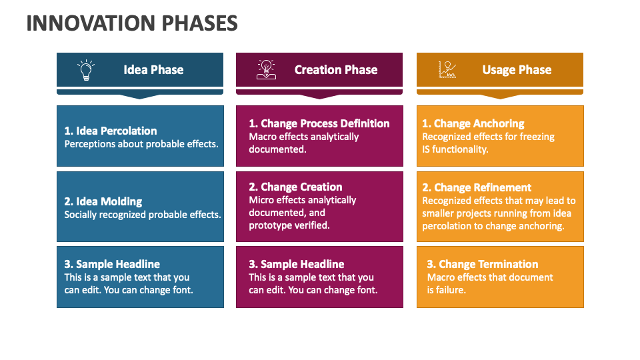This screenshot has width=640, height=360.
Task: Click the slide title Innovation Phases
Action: pyautogui.click(x=132, y=23)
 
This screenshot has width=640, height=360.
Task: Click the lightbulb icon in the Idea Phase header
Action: pyautogui.click(x=86, y=70)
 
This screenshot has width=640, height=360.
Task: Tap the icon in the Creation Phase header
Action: pyautogui.click(x=266, y=70)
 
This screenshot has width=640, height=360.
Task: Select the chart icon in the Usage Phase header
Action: pyautogui.click(x=447, y=70)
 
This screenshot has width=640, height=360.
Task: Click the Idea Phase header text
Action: pyautogui.click(x=153, y=70)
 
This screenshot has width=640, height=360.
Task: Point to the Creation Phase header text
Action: pyautogui.click(x=336, y=70)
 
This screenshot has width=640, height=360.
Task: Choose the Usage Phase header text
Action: pyautogui.click(x=517, y=70)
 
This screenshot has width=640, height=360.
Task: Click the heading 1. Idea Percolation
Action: pyautogui.click(x=111, y=131)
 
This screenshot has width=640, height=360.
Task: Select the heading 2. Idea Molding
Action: pyautogui.click(x=103, y=201)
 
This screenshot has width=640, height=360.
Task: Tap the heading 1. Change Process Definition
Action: pyautogui.click(x=319, y=123)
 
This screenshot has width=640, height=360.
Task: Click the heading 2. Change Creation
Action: pyautogui.click(x=295, y=187)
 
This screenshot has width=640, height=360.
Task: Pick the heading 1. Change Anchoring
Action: pyautogui.click(x=473, y=123)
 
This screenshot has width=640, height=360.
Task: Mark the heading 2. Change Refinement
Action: pyautogui.click(x=477, y=187)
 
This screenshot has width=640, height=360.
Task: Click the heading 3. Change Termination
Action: pyautogui.click(x=483, y=264)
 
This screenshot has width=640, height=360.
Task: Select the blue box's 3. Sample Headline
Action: pyautogui.click(x=112, y=264)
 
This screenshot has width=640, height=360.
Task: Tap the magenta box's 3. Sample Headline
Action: pyautogui.click(x=297, y=264)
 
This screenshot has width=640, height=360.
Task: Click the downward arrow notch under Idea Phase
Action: pyautogui.click(x=140, y=95)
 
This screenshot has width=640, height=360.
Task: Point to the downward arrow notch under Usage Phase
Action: pyautogui.click(x=500, y=95)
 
